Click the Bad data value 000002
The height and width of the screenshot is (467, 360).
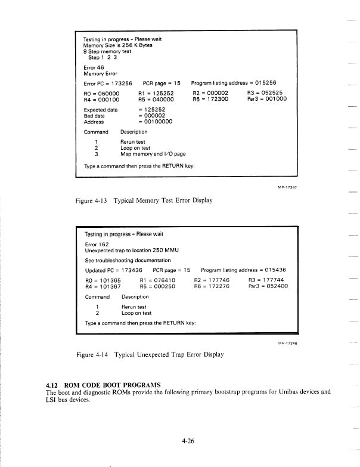pyautogui.click(x=154, y=116)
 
